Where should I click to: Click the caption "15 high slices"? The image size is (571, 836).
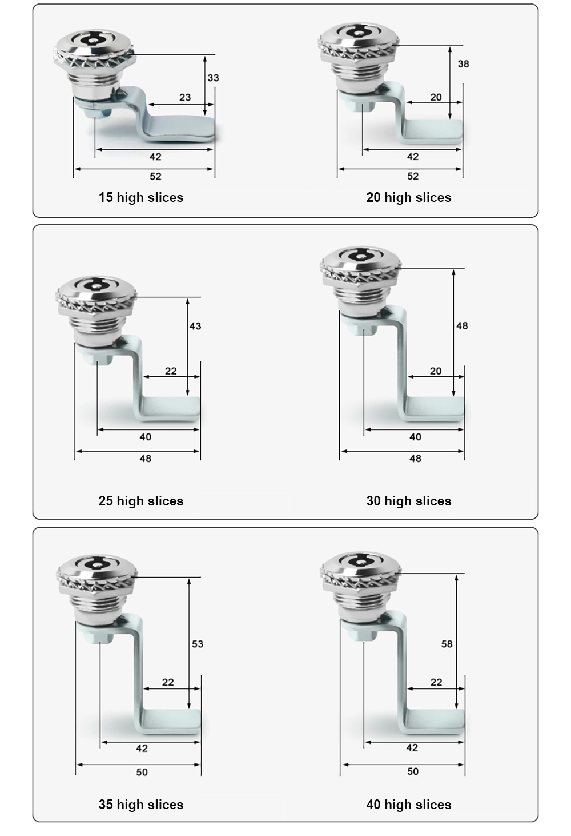pyautogui.click(x=140, y=197)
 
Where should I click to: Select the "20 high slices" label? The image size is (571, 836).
pyautogui.click(x=408, y=197)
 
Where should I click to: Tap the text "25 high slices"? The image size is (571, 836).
pyautogui.click(x=140, y=501)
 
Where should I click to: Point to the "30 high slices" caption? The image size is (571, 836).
pyautogui.click(x=408, y=501)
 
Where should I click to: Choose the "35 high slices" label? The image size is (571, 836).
pyautogui.click(x=140, y=805)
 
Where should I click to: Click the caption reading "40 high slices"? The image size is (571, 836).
pyautogui.click(x=408, y=805)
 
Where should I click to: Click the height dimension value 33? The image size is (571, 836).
pyautogui.click(x=213, y=78)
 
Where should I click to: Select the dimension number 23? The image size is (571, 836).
pyautogui.click(x=185, y=97)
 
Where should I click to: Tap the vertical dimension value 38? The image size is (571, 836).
pyautogui.click(x=463, y=64)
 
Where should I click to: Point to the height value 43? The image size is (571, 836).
pyautogui.click(x=195, y=326)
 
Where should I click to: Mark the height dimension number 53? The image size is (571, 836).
pyautogui.click(x=198, y=644)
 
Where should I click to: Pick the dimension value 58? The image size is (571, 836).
pyautogui.click(x=447, y=644)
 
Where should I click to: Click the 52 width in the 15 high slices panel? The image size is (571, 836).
pyautogui.click(x=155, y=176)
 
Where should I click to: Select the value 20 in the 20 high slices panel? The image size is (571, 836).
pyautogui.click(x=436, y=97)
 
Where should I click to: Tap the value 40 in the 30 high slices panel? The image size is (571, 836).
pyautogui.click(x=415, y=437)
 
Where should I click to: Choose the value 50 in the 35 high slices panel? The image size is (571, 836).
pyautogui.click(x=142, y=772)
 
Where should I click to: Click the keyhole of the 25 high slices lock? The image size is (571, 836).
pyautogui.click(x=95, y=284)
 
